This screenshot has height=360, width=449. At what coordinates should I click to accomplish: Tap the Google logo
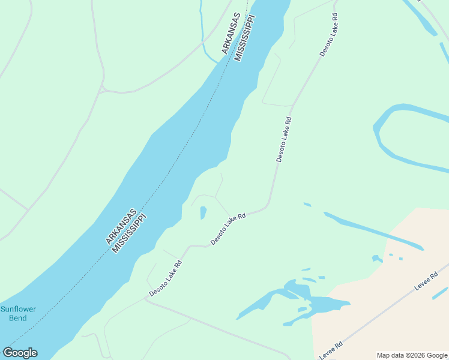[20, 353]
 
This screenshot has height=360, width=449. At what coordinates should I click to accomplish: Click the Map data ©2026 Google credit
[412, 355]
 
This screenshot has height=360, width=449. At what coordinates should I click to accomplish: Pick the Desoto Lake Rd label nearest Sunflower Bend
[166, 278]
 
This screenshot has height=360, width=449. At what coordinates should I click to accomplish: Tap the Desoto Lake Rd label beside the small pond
[228, 230]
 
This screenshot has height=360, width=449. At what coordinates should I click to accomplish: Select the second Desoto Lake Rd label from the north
[284, 139]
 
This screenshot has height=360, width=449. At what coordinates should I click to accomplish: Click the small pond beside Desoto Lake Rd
[203, 212]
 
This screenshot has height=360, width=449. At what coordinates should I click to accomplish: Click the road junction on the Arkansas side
[103, 89]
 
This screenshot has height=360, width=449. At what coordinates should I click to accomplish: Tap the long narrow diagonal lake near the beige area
[372, 230]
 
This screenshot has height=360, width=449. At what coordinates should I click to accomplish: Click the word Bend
[18, 318]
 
